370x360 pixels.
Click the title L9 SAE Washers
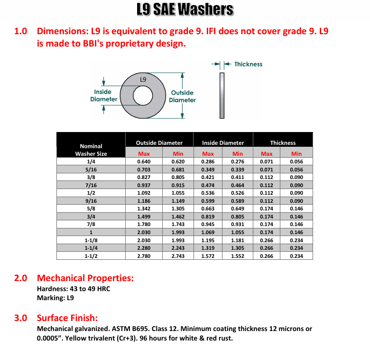(x=185, y=9)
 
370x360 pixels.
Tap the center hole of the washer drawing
(x=143, y=95)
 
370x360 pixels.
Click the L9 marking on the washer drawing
(x=143, y=79)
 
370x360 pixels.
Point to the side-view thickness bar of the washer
(x=221, y=95)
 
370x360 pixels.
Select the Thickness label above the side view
(x=248, y=64)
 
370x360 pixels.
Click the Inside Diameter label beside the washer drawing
(x=103, y=95)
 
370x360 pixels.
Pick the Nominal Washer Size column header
(x=91, y=150)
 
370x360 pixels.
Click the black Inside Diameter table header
(x=223, y=142)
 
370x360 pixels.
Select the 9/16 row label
(x=91, y=200)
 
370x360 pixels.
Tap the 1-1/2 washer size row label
(x=91, y=256)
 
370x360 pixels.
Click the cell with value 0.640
(x=144, y=161)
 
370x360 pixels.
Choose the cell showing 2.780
(x=144, y=256)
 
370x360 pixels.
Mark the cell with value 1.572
(x=208, y=256)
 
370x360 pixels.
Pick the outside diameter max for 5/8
(x=144, y=208)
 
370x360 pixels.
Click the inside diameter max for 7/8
(x=208, y=224)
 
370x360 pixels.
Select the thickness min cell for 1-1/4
(x=296, y=248)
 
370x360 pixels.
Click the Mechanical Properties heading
(x=85, y=278)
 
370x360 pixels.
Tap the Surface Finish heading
(x=74, y=318)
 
